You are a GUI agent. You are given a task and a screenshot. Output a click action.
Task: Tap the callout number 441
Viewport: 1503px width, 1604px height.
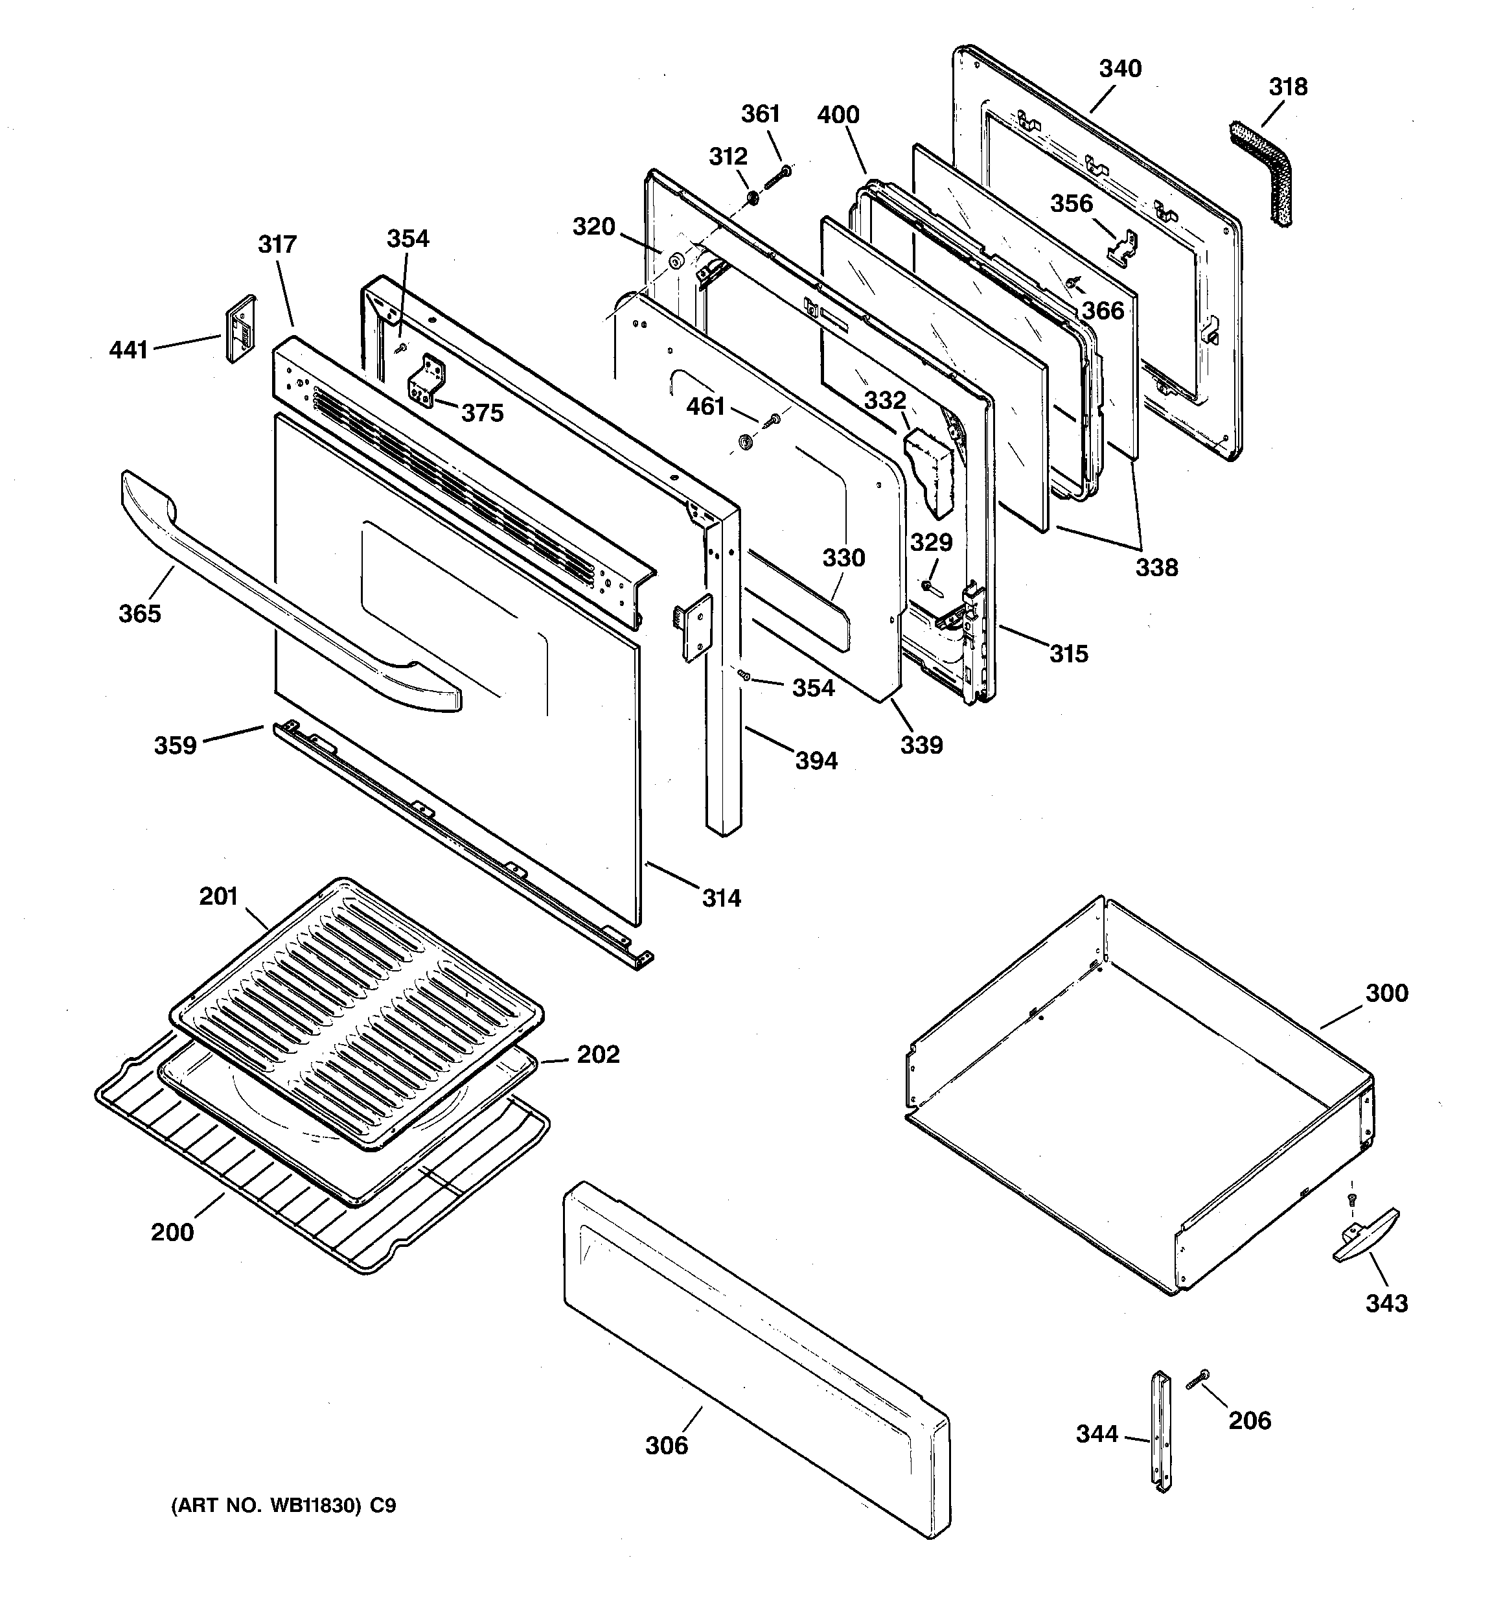129,350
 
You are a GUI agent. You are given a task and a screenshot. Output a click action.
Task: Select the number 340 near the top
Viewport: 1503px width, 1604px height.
1119,69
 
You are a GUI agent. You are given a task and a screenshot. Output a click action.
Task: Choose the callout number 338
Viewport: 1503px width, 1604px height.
1157,568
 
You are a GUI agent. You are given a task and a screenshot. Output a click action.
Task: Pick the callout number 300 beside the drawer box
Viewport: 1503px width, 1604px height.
1386,994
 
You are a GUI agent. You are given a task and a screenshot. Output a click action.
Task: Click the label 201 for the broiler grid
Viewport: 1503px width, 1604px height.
218,896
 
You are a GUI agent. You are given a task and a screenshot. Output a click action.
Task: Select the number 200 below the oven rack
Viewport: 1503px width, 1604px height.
172,1232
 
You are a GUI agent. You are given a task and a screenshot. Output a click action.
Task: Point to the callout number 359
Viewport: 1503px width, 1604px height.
175,745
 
